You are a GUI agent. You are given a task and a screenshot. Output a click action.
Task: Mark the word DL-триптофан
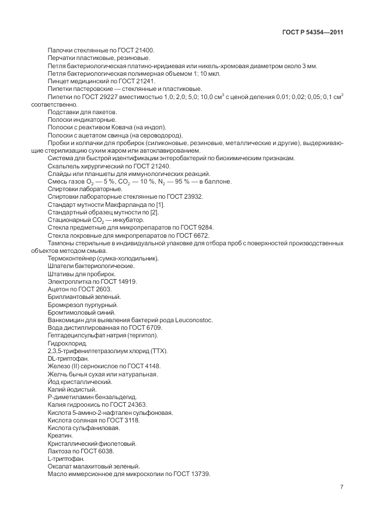(x=65, y=358)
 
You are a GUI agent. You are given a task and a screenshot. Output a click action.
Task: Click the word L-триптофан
(x=64, y=459)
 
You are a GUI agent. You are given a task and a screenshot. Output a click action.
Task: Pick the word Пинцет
(x=59, y=82)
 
